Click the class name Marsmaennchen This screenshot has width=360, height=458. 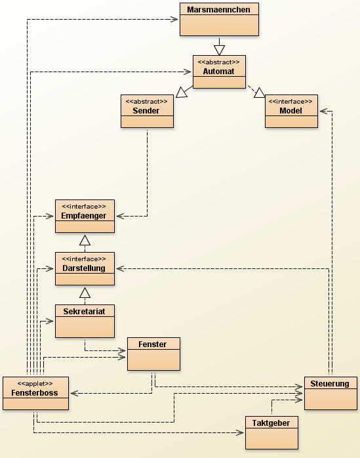click(218, 10)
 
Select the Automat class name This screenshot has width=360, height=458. click(218, 72)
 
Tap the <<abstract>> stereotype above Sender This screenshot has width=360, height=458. click(147, 101)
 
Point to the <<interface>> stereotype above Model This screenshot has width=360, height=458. click(290, 101)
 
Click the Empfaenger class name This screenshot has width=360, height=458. click(84, 216)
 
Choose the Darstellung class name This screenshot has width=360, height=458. click(84, 268)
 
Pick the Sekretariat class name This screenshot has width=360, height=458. click(84, 312)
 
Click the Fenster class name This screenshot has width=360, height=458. click(152, 344)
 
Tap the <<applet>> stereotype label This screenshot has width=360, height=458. click(35, 383)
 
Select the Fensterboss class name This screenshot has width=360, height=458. click(35, 393)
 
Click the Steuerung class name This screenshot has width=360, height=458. click(330, 383)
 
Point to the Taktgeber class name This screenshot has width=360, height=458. click(271, 423)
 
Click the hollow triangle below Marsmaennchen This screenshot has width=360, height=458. click(219, 50)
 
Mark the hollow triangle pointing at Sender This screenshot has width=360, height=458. click(182, 92)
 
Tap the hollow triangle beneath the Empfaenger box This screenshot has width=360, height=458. click(85, 240)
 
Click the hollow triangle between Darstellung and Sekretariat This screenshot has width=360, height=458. click(85, 293)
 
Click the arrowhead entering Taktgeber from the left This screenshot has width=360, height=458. click(239, 432)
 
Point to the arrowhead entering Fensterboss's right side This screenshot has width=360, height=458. click(75, 393)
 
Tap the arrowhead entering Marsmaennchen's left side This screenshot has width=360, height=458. click(174, 19)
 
